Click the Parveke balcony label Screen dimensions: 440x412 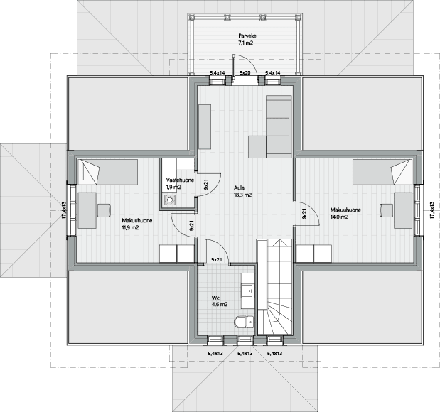coord(247,36)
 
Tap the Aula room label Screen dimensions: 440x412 coord(239,188)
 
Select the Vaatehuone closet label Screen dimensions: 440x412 coord(180,180)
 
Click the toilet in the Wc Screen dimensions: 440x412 coord(244,322)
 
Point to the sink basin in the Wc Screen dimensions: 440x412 coord(248,291)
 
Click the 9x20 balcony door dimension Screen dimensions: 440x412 coord(245,73)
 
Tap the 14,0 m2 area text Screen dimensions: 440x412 coord(339,217)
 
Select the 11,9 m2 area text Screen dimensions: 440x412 coord(130,227)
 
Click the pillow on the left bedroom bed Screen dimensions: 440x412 coord(92,172)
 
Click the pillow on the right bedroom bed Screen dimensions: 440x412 coord(399,172)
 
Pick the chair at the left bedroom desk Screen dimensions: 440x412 coord(104,210)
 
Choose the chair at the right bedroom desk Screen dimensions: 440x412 coord(387,210)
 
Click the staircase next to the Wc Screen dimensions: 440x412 coord(275,287)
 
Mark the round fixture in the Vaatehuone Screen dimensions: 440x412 coord(170,200)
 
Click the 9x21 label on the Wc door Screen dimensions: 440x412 coord(216,260)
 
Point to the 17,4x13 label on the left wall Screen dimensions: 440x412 coord(64,210)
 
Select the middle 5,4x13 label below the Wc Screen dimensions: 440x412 coord(245,353)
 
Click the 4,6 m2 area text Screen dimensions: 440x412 coord(220,304)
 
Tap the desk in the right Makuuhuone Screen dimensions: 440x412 coord(403,210)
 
